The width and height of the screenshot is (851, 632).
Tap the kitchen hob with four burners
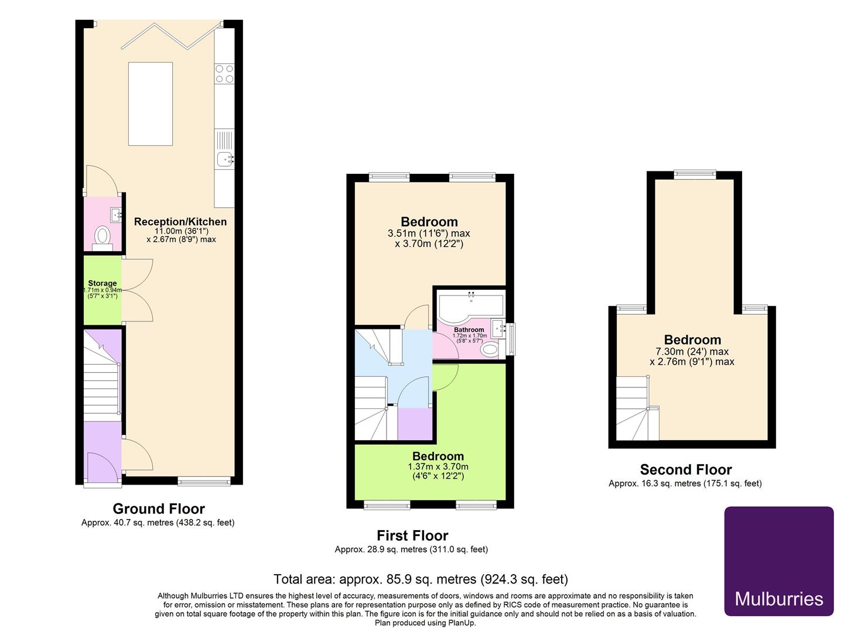click(x=224, y=74)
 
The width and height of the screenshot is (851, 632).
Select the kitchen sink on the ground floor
click(x=224, y=157)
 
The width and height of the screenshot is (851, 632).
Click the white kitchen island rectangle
click(x=151, y=104)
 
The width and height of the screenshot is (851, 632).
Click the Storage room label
click(x=102, y=283)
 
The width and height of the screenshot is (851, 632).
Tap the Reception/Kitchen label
click(x=180, y=222)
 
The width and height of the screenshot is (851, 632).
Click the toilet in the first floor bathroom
click(x=489, y=349)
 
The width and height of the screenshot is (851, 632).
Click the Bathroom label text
click(x=469, y=330)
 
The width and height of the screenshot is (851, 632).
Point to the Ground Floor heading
click(x=158, y=509)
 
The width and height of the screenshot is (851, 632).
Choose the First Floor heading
click(x=412, y=535)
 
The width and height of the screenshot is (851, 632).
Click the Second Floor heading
click(x=685, y=469)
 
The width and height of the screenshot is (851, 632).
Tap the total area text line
click(x=421, y=579)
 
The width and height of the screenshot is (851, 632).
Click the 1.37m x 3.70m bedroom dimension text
click(x=438, y=471)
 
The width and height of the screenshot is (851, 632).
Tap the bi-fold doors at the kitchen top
click(x=171, y=36)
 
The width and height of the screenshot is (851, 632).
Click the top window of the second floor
click(x=695, y=173)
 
